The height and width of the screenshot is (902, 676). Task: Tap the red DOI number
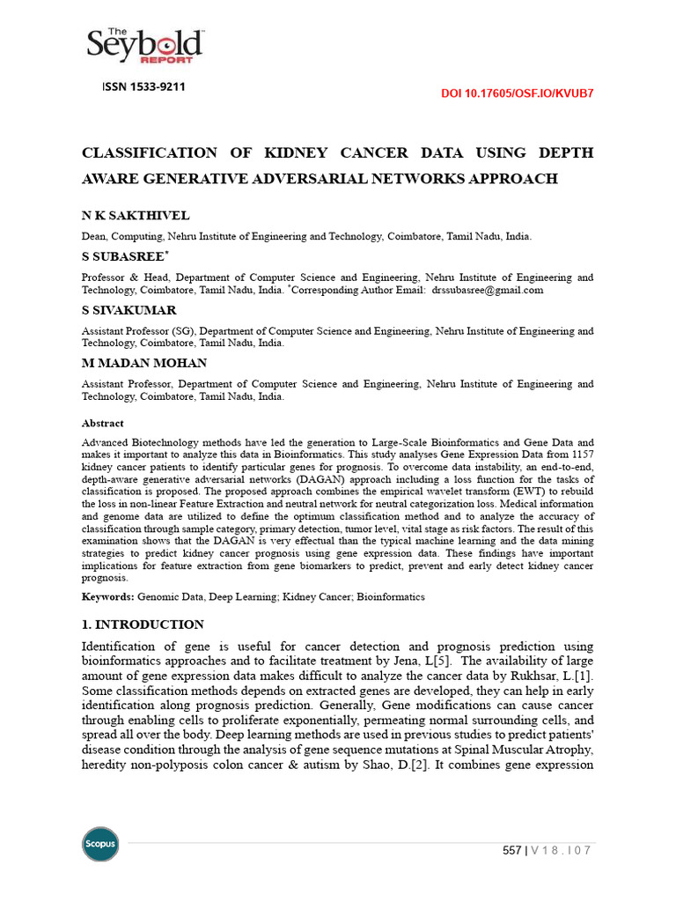[517, 94]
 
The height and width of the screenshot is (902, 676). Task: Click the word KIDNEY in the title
[300, 152]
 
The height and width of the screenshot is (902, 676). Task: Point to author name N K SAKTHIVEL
[136, 216]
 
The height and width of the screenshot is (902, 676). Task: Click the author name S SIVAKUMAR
[129, 310]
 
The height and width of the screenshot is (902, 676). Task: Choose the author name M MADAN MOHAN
[144, 363]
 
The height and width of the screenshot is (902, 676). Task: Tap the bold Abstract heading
[103, 423]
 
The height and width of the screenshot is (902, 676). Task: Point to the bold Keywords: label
[108, 596]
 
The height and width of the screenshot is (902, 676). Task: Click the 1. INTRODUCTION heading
[143, 625]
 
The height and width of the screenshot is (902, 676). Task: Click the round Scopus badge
[99, 844]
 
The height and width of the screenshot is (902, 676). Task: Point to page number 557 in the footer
[511, 850]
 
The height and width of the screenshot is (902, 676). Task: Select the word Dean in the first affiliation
[93, 236]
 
